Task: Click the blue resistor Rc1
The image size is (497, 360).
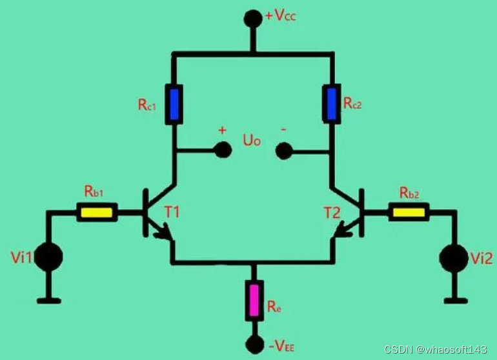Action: click(x=174, y=103)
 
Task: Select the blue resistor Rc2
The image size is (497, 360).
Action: click(x=332, y=103)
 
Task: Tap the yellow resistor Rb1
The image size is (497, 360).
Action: click(x=97, y=212)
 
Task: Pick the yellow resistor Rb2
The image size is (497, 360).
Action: click(x=408, y=212)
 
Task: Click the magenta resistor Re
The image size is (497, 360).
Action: click(x=254, y=301)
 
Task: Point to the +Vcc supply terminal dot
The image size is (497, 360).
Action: click(x=254, y=18)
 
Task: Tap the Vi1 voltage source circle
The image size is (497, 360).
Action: click(x=49, y=258)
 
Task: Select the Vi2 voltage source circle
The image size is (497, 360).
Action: click(x=454, y=258)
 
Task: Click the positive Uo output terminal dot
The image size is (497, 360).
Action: click(x=223, y=150)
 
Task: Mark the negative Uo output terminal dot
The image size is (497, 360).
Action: click(x=283, y=151)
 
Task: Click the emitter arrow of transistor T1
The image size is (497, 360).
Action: click(x=167, y=232)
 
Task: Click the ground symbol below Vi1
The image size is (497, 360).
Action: click(x=49, y=299)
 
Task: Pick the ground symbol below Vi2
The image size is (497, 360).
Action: click(x=456, y=299)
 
